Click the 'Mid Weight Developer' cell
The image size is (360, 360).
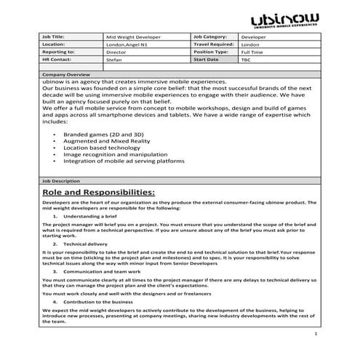coord(134,35)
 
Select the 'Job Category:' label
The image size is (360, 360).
coord(211,35)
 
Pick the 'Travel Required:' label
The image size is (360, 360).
coord(214,44)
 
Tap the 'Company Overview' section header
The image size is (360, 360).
coord(66,75)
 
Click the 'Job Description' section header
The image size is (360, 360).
coord(62,180)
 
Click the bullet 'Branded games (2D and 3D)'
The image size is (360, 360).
coord(103,135)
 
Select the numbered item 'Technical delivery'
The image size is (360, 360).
coord(85,244)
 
